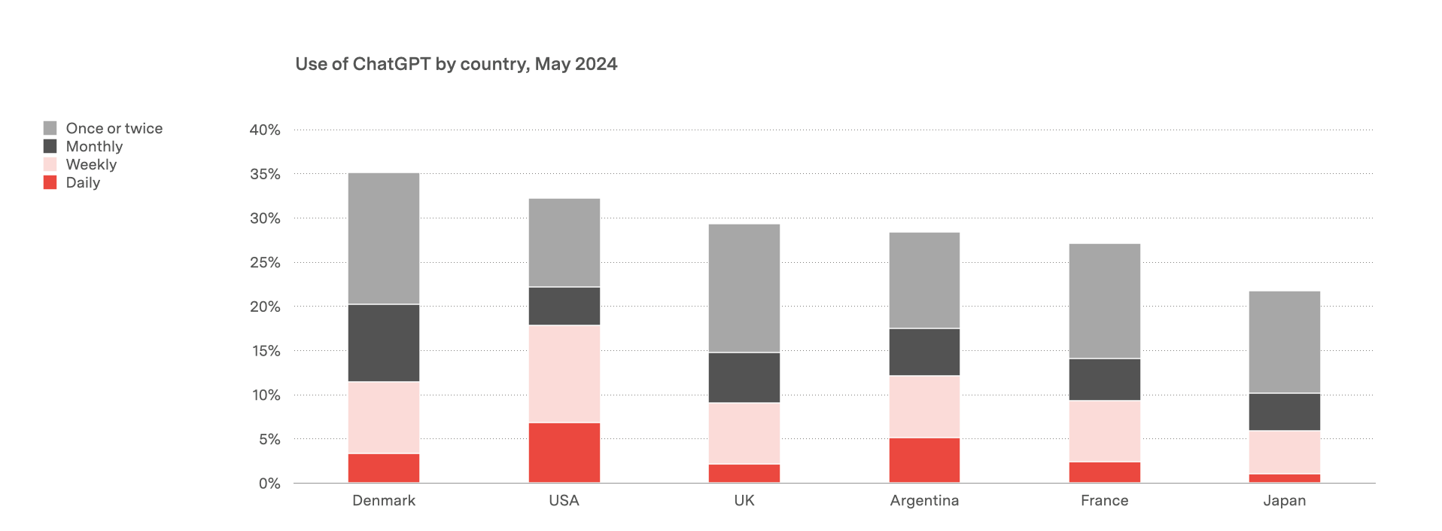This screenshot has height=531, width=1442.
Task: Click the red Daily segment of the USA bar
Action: pyautogui.click(x=564, y=452)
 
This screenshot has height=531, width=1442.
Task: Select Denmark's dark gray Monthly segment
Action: pyautogui.click(x=383, y=343)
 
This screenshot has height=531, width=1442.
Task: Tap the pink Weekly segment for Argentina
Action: pyautogui.click(x=924, y=406)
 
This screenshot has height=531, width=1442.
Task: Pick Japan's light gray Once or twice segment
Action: pyautogui.click(x=1284, y=342)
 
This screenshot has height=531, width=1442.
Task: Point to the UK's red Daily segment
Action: pyautogui.click(x=744, y=473)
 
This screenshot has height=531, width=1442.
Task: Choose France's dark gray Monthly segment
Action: pyautogui.click(x=1104, y=379)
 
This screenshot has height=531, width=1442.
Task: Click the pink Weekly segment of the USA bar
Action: pyautogui.click(x=564, y=374)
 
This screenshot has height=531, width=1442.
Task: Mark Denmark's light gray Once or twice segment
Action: pyautogui.click(x=383, y=238)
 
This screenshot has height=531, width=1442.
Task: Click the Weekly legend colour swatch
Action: pyautogui.click(x=50, y=164)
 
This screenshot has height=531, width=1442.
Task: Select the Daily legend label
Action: pyautogui.click(x=83, y=182)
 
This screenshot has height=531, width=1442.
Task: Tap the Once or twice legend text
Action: pyautogui.click(x=114, y=128)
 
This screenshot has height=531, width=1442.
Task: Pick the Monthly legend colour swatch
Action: pyautogui.click(x=50, y=146)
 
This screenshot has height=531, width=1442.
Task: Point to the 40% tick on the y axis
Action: pyautogui.click(x=265, y=130)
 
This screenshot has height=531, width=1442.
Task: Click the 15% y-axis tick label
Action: pyautogui.click(x=265, y=351)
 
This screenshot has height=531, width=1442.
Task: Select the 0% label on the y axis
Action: pyautogui.click(x=269, y=484)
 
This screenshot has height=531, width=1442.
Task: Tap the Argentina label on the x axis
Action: pyautogui.click(x=924, y=500)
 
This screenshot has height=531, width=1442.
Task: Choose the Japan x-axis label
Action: pyautogui.click(x=1284, y=500)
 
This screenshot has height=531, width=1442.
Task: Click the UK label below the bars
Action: pyautogui.click(x=744, y=500)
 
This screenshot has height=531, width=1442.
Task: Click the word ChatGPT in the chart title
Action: pyautogui.click(x=391, y=64)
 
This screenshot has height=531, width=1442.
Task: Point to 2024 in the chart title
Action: pyautogui.click(x=596, y=64)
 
